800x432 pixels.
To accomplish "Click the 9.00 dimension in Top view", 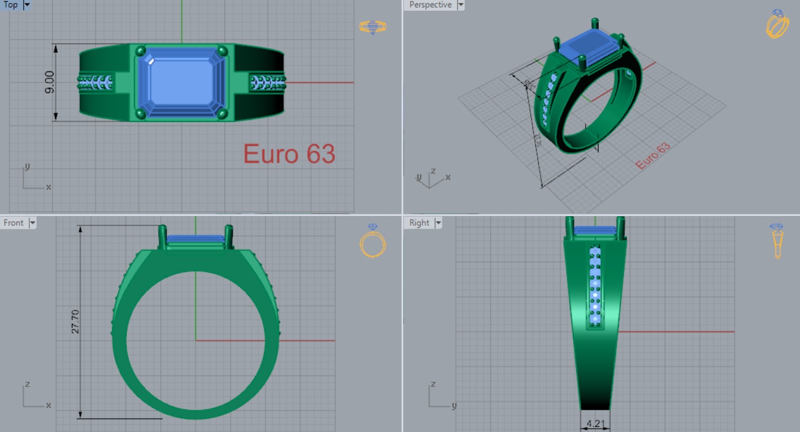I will [x=50, y=82].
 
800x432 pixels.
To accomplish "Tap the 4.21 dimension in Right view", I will [x=595, y=423].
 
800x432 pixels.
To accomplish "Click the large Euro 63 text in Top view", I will [x=289, y=154].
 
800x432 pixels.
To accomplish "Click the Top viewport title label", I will [x=11, y=5].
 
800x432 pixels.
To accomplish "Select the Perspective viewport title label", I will [x=430, y=5].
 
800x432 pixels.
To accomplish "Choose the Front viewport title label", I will [x=14, y=223].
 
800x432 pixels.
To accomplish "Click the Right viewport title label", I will [x=419, y=223].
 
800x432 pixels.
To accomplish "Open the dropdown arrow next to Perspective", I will [x=461, y=5].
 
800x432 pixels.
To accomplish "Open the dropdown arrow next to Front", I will [x=33, y=223].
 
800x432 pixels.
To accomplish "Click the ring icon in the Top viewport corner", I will [x=372, y=27].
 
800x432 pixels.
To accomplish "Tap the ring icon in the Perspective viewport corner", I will [x=777, y=24].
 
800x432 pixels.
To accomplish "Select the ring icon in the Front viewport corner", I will [x=372, y=241].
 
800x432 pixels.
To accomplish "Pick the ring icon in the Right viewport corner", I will [x=777, y=240].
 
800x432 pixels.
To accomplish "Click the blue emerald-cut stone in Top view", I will [x=182, y=82].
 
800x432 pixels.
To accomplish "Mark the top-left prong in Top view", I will [x=141, y=51].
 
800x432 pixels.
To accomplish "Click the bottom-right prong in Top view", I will [x=222, y=114].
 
